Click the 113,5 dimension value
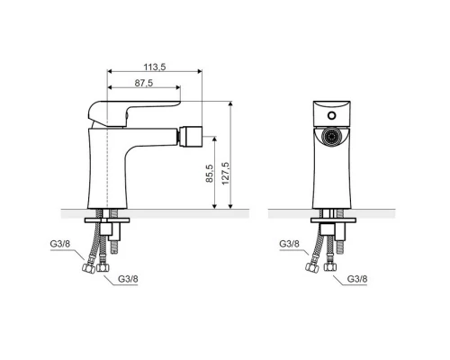155,67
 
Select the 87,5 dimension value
144,83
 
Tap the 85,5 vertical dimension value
210,173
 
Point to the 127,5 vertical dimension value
225,174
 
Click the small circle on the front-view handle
331,115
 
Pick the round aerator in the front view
331,137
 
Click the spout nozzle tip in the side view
190,136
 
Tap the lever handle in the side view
134,113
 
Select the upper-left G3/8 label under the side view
60,244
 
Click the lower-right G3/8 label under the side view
128,279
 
